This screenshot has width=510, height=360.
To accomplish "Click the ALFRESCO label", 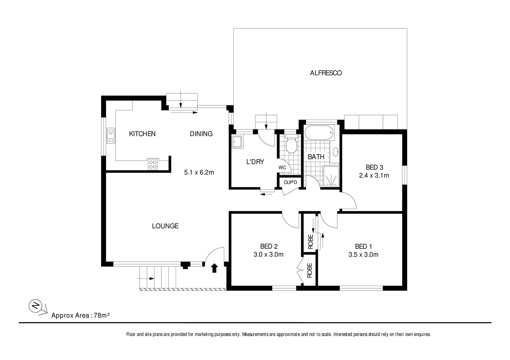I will point(326,73).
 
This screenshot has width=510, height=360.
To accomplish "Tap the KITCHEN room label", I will point(142,134).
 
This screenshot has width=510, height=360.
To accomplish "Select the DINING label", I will point(201,134).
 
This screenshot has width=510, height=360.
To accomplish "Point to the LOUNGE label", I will point(165,226).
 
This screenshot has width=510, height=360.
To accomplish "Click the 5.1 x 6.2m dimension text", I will point(199,172).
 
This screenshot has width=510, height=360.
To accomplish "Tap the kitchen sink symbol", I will point(110,136).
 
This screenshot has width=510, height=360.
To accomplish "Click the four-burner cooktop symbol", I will point(153,164).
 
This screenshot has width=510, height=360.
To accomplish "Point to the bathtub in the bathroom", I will point(319,133).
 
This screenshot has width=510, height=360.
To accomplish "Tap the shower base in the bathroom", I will point(331,175).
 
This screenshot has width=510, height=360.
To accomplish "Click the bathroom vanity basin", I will point(336,152).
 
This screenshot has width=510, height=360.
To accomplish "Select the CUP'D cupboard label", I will point(290,182).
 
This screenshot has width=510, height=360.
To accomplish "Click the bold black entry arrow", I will point(214,268).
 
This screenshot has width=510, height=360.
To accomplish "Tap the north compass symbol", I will point(35,306).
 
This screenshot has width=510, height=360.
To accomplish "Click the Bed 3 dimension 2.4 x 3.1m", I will point(374,175).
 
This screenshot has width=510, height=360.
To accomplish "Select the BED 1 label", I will point(363,246).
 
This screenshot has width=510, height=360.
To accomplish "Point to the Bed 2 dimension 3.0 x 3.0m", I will point(269,255).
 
